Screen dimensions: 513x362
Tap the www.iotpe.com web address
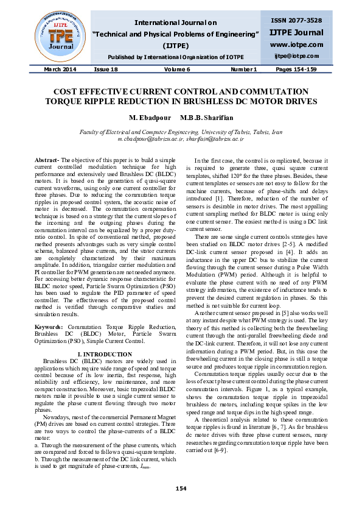pyautogui.click(x=297, y=44)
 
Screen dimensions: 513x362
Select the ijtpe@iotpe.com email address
pyautogui.click(x=297, y=56)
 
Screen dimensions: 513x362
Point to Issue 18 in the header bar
pyautogui.click(x=105, y=69)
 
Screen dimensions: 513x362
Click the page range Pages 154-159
pyautogui.click(x=296, y=69)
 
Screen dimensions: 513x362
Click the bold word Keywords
pyautogui.click(x=48, y=327)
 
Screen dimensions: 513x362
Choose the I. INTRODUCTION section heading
pyautogui.click(x=105, y=354)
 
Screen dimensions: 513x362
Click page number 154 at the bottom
pyautogui.click(x=181, y=489)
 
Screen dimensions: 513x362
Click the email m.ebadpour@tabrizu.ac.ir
pyautogui.click(x=147, y=139)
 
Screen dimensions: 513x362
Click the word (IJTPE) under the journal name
pyautogui.click(x=177, y=46)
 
